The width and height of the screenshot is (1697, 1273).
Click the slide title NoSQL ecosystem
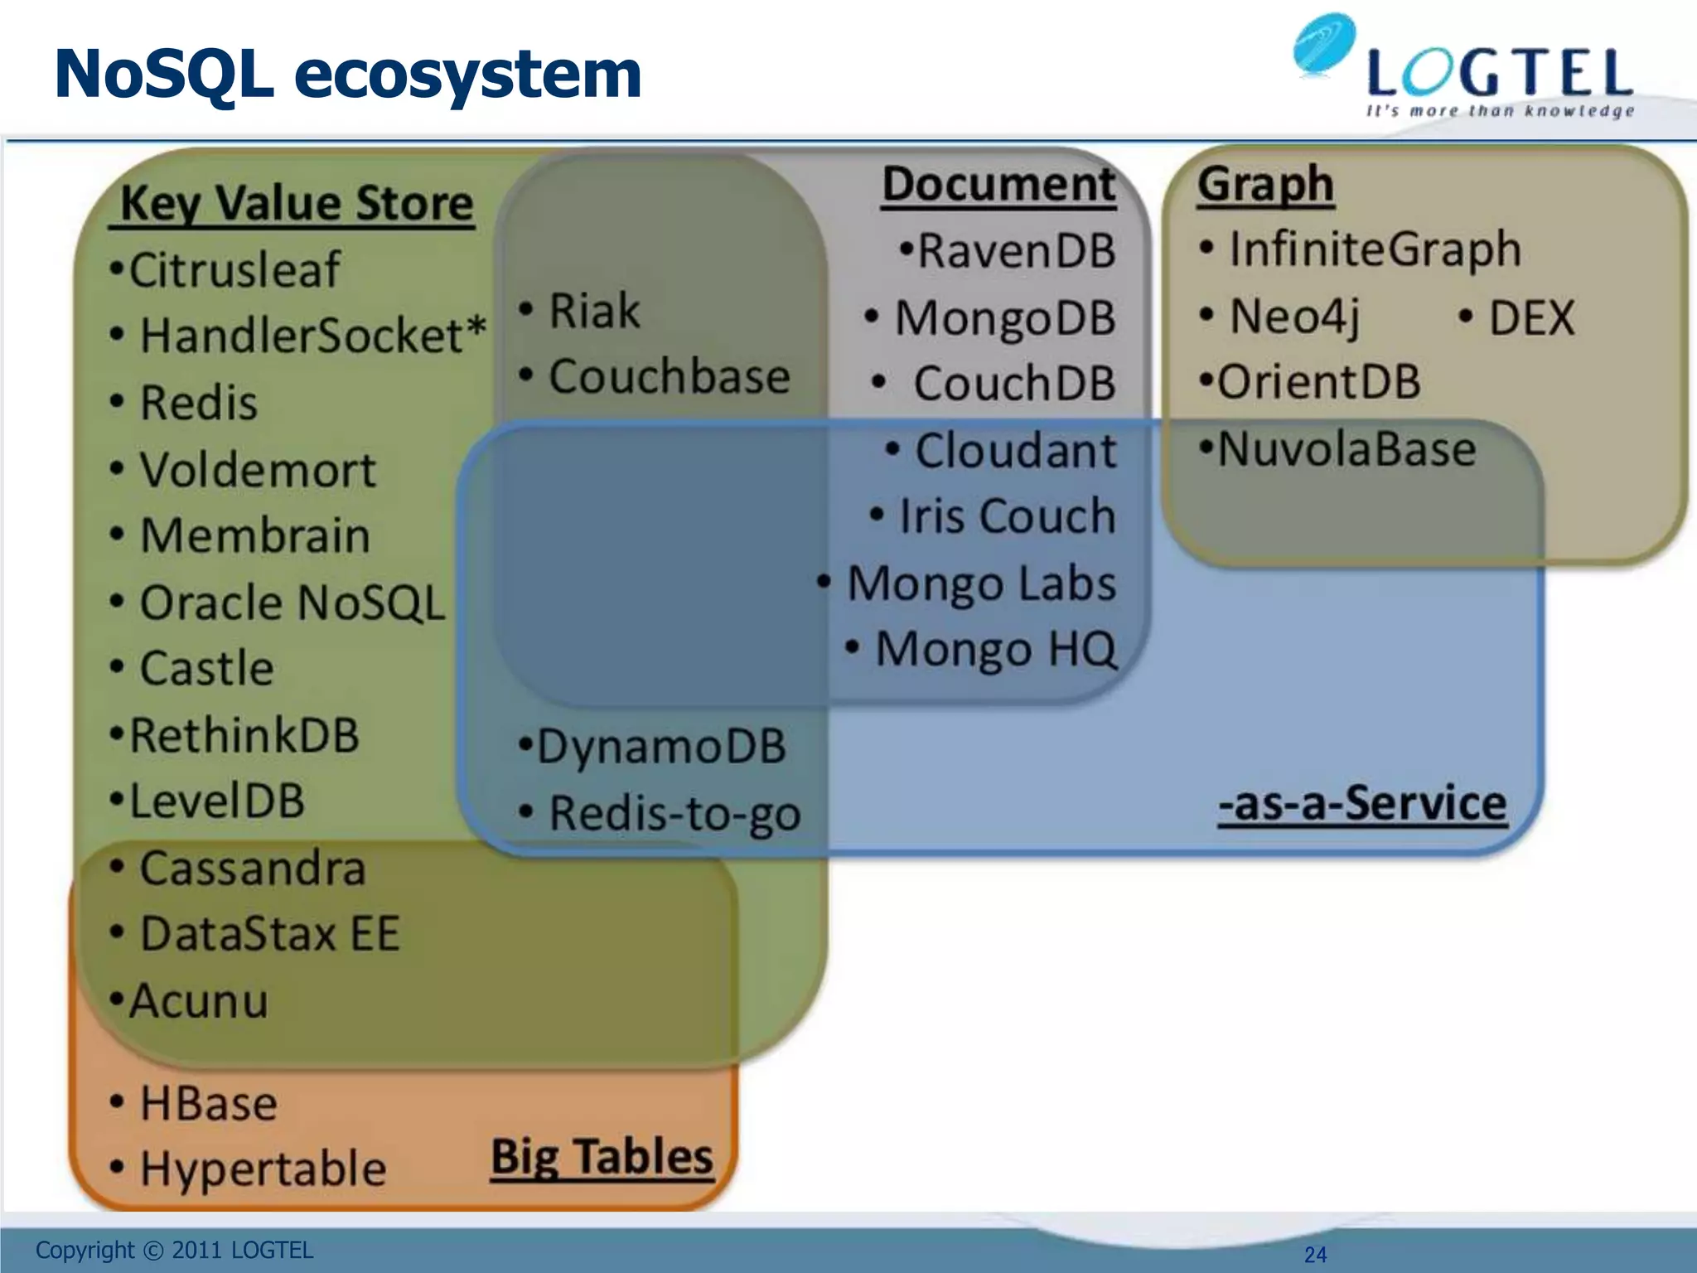pos(348,75)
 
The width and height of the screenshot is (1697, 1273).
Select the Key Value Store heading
pos(296,203)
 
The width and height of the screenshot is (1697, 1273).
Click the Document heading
pos(998,184)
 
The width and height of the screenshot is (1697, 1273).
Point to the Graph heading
pos(1265,184)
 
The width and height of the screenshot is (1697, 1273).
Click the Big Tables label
pos(602,1157)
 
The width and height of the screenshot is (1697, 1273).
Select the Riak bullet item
pos(593,312)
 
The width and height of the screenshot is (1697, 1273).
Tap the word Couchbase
pos(669,377)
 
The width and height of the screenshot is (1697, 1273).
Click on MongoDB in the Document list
pos(1004,318)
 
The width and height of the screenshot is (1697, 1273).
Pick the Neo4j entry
pos(1294,317)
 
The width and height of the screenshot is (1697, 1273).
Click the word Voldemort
pos(257,470)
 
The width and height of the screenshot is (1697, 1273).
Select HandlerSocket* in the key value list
pos(312,336)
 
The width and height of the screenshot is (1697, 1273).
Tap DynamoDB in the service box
pos(660,746)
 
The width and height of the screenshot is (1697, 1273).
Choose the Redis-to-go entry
pos(674,813)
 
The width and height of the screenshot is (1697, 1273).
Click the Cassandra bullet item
pos(251,869)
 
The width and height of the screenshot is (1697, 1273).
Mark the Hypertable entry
pos(262,1169)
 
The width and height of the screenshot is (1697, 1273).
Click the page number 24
pos(1315,1255)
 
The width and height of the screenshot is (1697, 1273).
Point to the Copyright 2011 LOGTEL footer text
pos(174,1250)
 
